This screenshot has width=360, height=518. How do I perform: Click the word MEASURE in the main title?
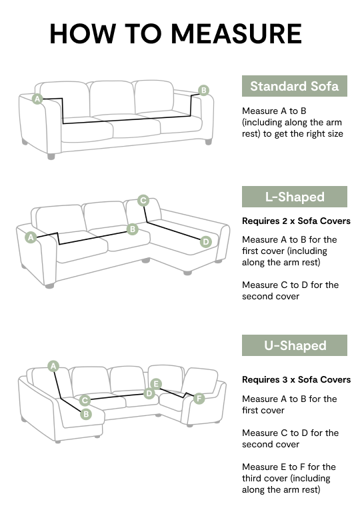pos(236,34)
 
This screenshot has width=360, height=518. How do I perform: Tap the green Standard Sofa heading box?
pos(294,86)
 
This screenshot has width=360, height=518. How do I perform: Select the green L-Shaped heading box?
pos(294,197)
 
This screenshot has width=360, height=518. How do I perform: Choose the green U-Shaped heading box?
pos(294,345)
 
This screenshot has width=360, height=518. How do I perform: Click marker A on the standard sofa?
pos(37,99)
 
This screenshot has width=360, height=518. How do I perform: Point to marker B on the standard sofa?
pos(204,90)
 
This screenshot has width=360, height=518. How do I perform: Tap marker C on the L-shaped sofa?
pos(143,201)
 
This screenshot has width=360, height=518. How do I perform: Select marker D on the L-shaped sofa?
pos(206,242)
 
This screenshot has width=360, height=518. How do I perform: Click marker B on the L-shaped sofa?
pos(133,229)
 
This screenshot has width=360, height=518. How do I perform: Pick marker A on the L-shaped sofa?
pos(31,237)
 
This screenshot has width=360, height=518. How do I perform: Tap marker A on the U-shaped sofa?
pos(53,366)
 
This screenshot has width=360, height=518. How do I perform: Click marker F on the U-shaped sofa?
pos(199,399)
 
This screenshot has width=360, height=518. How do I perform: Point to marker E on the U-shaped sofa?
pos(156,384)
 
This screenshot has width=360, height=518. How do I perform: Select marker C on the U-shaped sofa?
pos(85,401)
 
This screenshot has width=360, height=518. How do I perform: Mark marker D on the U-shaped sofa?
pos(149,393)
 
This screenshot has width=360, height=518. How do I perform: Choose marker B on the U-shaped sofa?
pos(86,414)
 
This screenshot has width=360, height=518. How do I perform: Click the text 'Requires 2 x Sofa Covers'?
pos(296,221)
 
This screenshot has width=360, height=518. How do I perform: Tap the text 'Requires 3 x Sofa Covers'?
pos(296,379)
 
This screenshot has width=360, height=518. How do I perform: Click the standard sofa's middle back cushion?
pos(112,98)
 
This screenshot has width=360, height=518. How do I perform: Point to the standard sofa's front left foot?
pos(51,156)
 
